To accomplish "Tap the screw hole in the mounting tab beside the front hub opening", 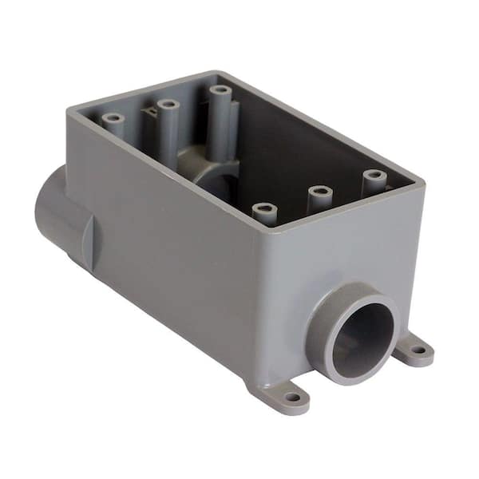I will (418, 348).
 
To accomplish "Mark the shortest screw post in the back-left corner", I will (113, 119).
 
